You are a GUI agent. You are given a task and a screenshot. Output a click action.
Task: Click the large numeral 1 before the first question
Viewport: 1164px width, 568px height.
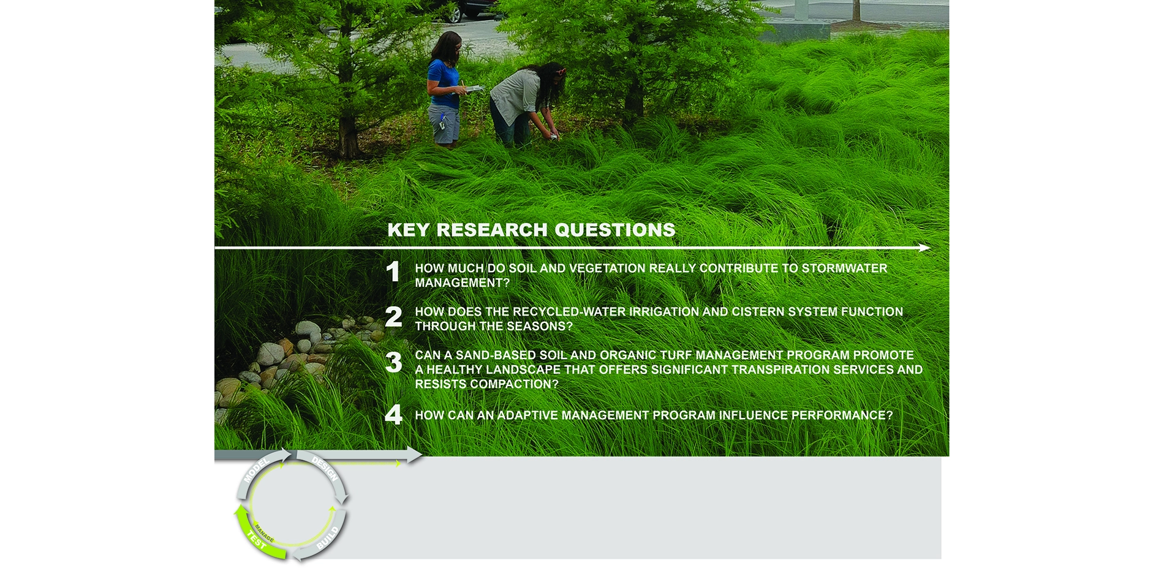pos(393,271)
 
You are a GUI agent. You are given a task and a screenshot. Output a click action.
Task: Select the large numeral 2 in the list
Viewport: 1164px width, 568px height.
pos(394,317)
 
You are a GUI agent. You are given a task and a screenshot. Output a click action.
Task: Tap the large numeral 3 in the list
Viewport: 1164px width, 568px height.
pos(394,362)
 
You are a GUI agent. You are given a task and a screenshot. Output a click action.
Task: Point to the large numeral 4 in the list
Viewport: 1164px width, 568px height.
pos(394,415)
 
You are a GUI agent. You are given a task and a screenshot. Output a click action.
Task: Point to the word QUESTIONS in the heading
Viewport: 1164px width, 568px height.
pos(614,230)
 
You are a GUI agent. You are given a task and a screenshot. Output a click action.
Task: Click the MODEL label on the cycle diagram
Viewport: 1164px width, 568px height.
pos(257,470)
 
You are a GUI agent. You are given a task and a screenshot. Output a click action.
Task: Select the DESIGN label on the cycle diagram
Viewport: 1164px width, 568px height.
pos(325,469)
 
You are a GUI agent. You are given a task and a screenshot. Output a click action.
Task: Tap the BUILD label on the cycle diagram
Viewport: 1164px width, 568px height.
pos(328,537)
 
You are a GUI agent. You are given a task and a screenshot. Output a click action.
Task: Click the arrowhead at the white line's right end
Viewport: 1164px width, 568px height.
pos(924,248)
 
